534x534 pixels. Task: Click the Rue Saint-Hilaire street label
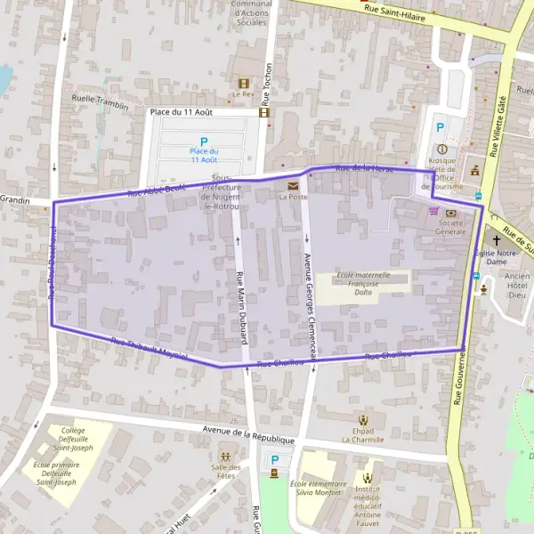tap(394, 12)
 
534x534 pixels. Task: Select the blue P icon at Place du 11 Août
tap(203, 142)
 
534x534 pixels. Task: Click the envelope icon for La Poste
tap(293, 185)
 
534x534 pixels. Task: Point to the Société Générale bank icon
tap(450, 213)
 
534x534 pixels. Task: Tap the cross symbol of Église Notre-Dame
tap(496, 241)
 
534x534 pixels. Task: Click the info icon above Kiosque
tap(441, 149)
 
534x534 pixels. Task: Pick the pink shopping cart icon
tap(433, 211)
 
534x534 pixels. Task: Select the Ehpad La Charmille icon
tap(362, 419)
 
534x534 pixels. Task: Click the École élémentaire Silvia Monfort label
tap(316, 488)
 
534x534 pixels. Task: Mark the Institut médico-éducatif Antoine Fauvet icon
tap(368, 478)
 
